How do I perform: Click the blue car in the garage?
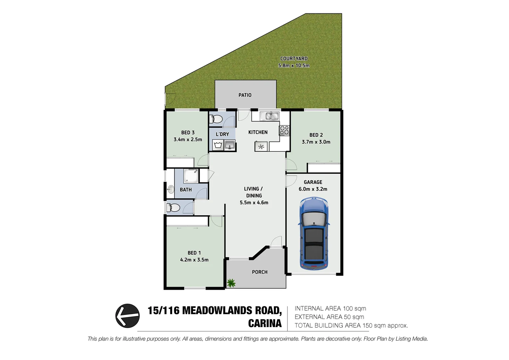[314, 233]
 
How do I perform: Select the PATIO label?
[245, 95]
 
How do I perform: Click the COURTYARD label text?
[294, 59]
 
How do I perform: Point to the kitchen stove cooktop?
[284, 130]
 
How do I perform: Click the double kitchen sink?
[269, 116]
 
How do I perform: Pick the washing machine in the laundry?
[218, 145]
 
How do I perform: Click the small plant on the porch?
[231, 283]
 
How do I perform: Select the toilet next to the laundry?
[217, 119]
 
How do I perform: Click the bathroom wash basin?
[171, 190]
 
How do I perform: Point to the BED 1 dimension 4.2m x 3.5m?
[194, 260]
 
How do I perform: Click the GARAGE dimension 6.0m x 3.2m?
[313, 189]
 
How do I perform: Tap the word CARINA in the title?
[265, 323]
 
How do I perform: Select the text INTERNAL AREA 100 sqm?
[330, 309]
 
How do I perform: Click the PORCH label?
[259, 272]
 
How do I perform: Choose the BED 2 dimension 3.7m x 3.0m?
[316, 142]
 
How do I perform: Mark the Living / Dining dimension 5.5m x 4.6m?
[254, 203]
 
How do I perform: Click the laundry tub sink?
[230, 145]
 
